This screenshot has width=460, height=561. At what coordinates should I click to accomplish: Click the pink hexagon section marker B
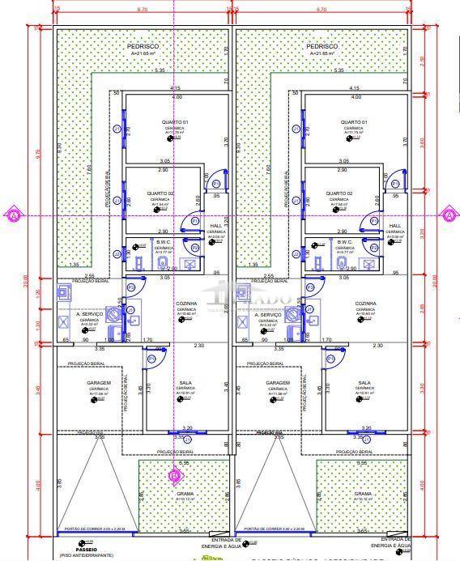(x=173, y=476)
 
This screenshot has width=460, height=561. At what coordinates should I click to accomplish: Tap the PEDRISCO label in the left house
(x=143, y=47)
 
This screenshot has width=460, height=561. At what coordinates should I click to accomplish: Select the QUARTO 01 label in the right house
(x=354, y=122)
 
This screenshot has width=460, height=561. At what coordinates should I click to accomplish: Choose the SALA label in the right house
(x=364, y=383)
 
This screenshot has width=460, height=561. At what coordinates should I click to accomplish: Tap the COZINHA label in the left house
(x=187, y=304)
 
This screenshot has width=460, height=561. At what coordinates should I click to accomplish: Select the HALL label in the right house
(x=395, y=226)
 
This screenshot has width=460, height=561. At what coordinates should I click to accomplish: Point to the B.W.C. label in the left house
(x=164, y=241)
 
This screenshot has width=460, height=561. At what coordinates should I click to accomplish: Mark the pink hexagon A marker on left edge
(x=12, y=215)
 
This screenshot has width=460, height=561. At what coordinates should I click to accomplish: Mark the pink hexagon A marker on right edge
(x=448, y=215)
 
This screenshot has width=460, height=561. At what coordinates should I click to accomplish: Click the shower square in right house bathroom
(x=370, y=262)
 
